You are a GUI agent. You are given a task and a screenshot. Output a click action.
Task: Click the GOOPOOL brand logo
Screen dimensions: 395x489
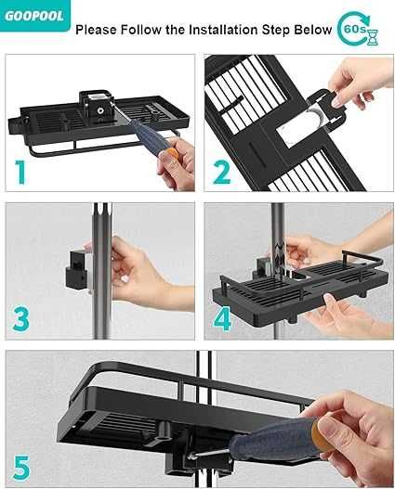pos(34,16)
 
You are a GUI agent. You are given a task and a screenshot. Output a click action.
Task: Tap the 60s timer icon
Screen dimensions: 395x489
pos(357,30)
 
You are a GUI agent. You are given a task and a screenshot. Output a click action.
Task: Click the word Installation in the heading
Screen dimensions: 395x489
pos(224,30)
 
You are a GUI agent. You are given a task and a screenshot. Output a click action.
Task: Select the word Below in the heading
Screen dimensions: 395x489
pos(312,30)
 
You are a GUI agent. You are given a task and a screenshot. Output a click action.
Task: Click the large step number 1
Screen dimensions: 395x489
pos(20,172)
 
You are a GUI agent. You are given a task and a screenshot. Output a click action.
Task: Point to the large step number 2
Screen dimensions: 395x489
pos(221,172)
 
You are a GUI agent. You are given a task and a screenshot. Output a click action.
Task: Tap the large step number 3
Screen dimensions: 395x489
pos(21,319)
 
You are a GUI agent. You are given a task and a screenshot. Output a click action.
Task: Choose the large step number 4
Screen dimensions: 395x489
pos(222,319)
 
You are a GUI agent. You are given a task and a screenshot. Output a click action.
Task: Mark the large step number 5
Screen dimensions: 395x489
pos(21,467)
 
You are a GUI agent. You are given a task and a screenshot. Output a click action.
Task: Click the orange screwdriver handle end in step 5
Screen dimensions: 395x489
pos(322,437)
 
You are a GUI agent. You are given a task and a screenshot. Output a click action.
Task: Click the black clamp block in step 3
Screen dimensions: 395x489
pos(76,268)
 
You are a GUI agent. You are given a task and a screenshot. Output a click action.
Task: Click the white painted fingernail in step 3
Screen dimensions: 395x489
pos(125,278)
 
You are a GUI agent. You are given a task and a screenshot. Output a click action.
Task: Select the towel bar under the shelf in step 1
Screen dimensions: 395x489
pos(103,146)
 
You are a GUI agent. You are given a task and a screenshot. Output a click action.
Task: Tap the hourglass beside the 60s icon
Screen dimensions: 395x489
pos(373,37)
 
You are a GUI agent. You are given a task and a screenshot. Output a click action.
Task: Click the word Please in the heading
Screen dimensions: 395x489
pos(97,30)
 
